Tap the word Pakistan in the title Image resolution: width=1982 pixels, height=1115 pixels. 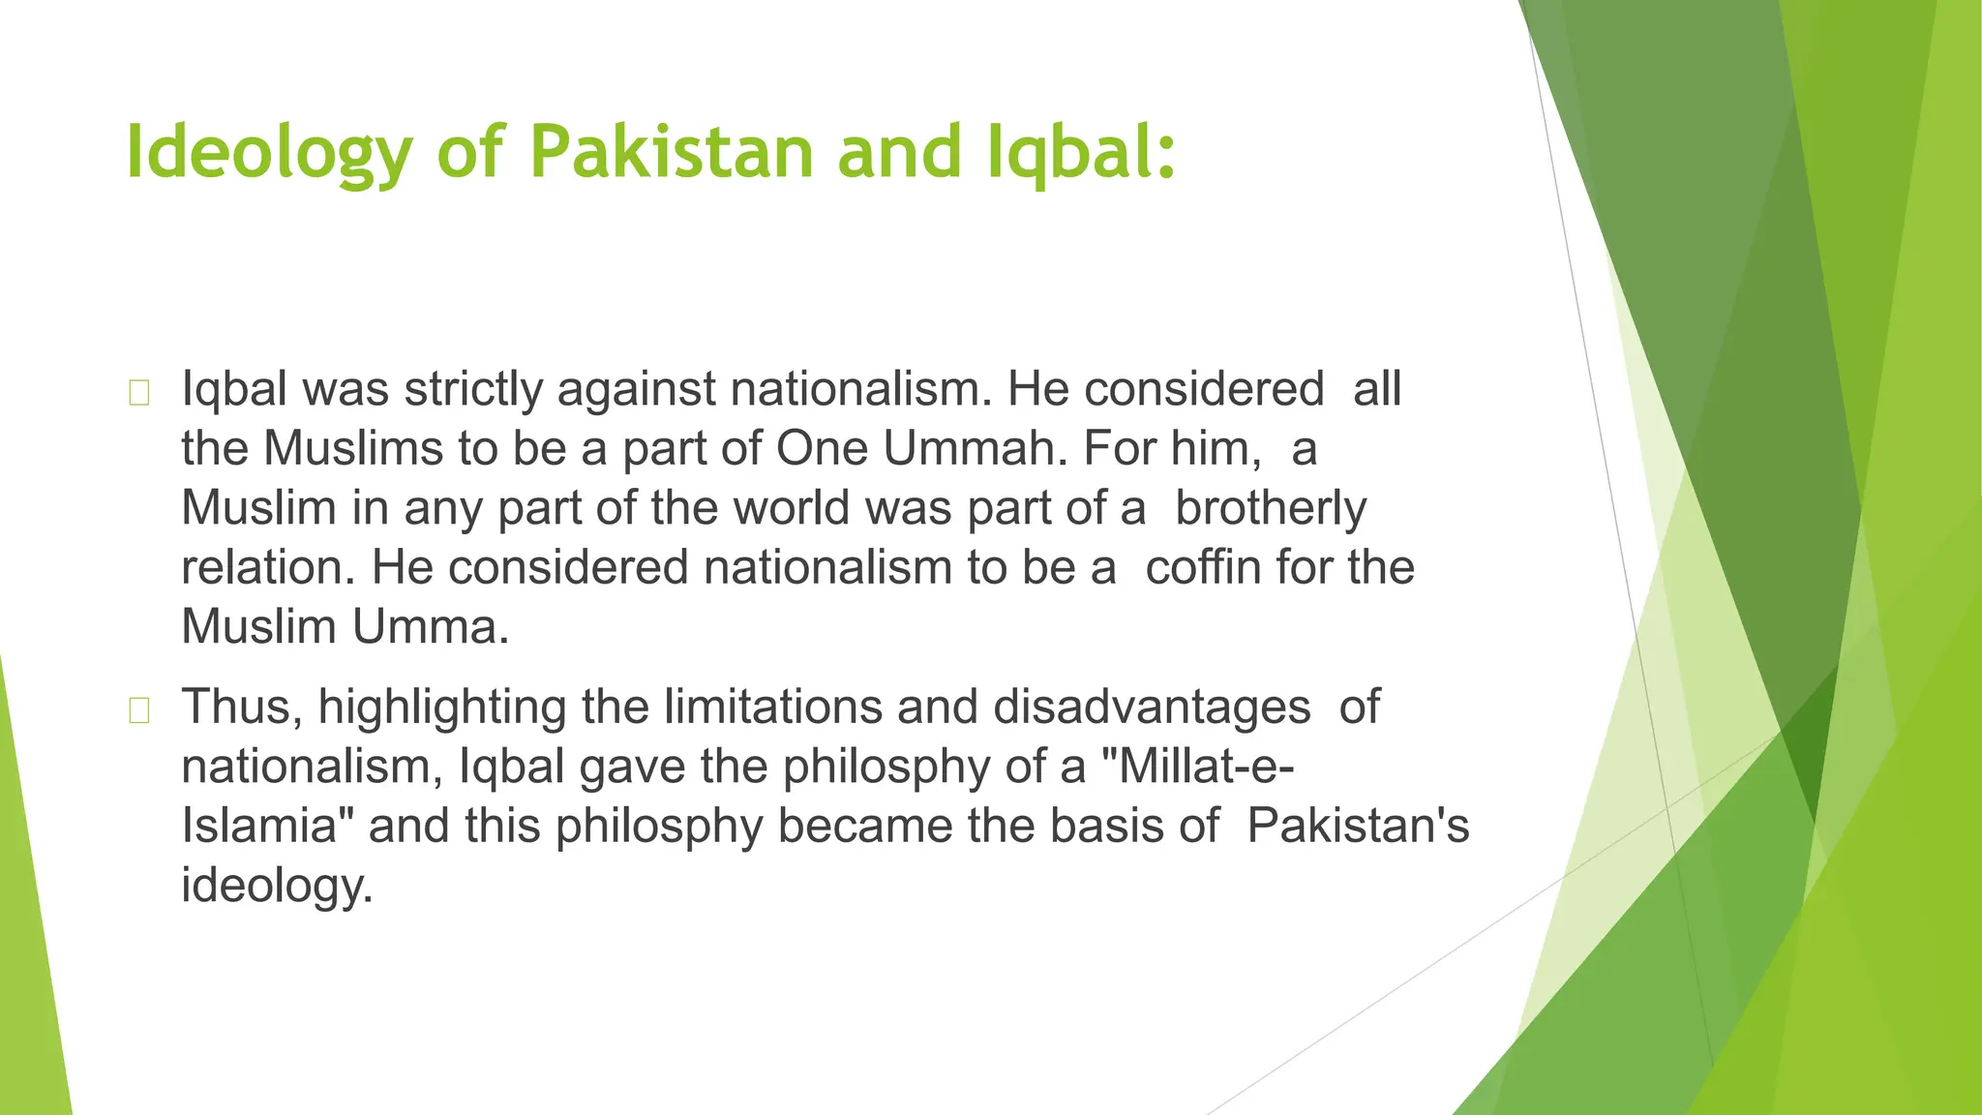(672, 151)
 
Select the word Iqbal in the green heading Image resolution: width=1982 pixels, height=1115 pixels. (1081, 153)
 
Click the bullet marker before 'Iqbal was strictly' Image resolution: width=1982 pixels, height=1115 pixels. (138, 393)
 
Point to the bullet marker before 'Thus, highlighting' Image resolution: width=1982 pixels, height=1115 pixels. (138, 710)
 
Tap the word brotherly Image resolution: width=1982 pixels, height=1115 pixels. (1271, 508)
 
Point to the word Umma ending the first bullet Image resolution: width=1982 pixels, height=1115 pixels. (430, 627)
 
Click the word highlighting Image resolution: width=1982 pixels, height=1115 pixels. (442, 708)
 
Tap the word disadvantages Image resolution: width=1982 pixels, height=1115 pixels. (1152, 707)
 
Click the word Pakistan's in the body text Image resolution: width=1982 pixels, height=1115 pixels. (1358, 826)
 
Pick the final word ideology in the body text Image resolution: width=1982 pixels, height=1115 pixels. (277, 886)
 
